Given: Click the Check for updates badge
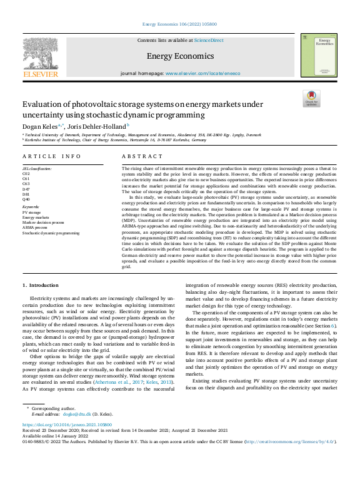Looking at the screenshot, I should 311,99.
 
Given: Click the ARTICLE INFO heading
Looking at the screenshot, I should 52,156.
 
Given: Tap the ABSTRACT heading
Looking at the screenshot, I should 142,156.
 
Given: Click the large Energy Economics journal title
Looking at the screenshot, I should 180,56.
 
